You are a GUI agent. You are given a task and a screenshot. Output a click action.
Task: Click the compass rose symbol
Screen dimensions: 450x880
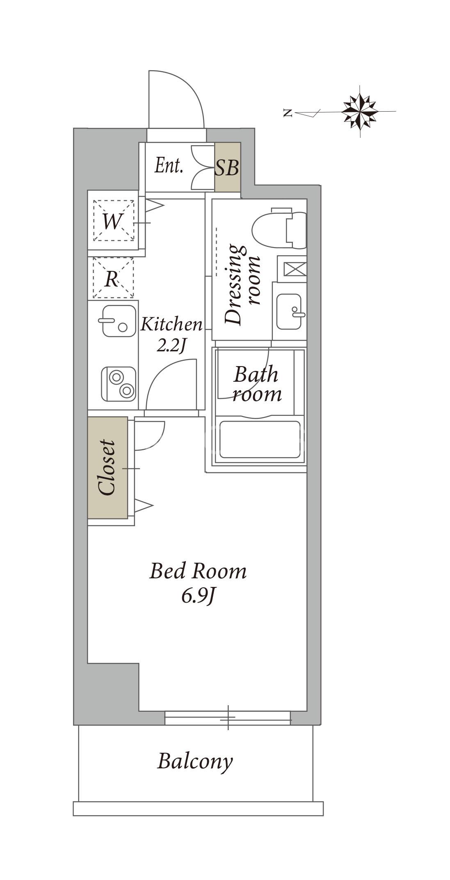click(360, 111)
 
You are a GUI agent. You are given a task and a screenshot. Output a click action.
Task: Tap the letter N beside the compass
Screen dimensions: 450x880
click(288, 112)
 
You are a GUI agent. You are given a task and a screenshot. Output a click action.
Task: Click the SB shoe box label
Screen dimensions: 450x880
click(227, 167)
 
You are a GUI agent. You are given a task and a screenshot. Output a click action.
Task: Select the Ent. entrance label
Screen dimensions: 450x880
click(169, 166)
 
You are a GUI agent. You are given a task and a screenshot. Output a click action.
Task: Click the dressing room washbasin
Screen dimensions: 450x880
click(290, 312)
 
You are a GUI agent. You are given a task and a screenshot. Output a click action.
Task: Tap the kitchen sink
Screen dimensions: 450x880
click(117, 321)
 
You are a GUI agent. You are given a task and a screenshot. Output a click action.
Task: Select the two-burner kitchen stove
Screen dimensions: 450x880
click(119, 384)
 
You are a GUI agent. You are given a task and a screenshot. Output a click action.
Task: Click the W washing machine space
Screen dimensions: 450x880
click(114, 220)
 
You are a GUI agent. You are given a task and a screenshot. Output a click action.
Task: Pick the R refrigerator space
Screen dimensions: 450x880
click(113, 278)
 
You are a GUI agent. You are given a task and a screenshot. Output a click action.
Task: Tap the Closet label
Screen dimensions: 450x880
click(107, 467)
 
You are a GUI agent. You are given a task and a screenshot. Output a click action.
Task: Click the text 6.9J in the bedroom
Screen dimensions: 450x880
click(199, 596)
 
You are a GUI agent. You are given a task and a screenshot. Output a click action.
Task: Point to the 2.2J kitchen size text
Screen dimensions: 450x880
click(171, 346)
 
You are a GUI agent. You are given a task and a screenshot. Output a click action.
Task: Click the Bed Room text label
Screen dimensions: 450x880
click(198, 571)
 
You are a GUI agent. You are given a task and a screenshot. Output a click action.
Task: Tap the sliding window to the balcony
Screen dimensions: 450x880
click(228, 718)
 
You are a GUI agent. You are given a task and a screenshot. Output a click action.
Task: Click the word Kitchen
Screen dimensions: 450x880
click(171, 324)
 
